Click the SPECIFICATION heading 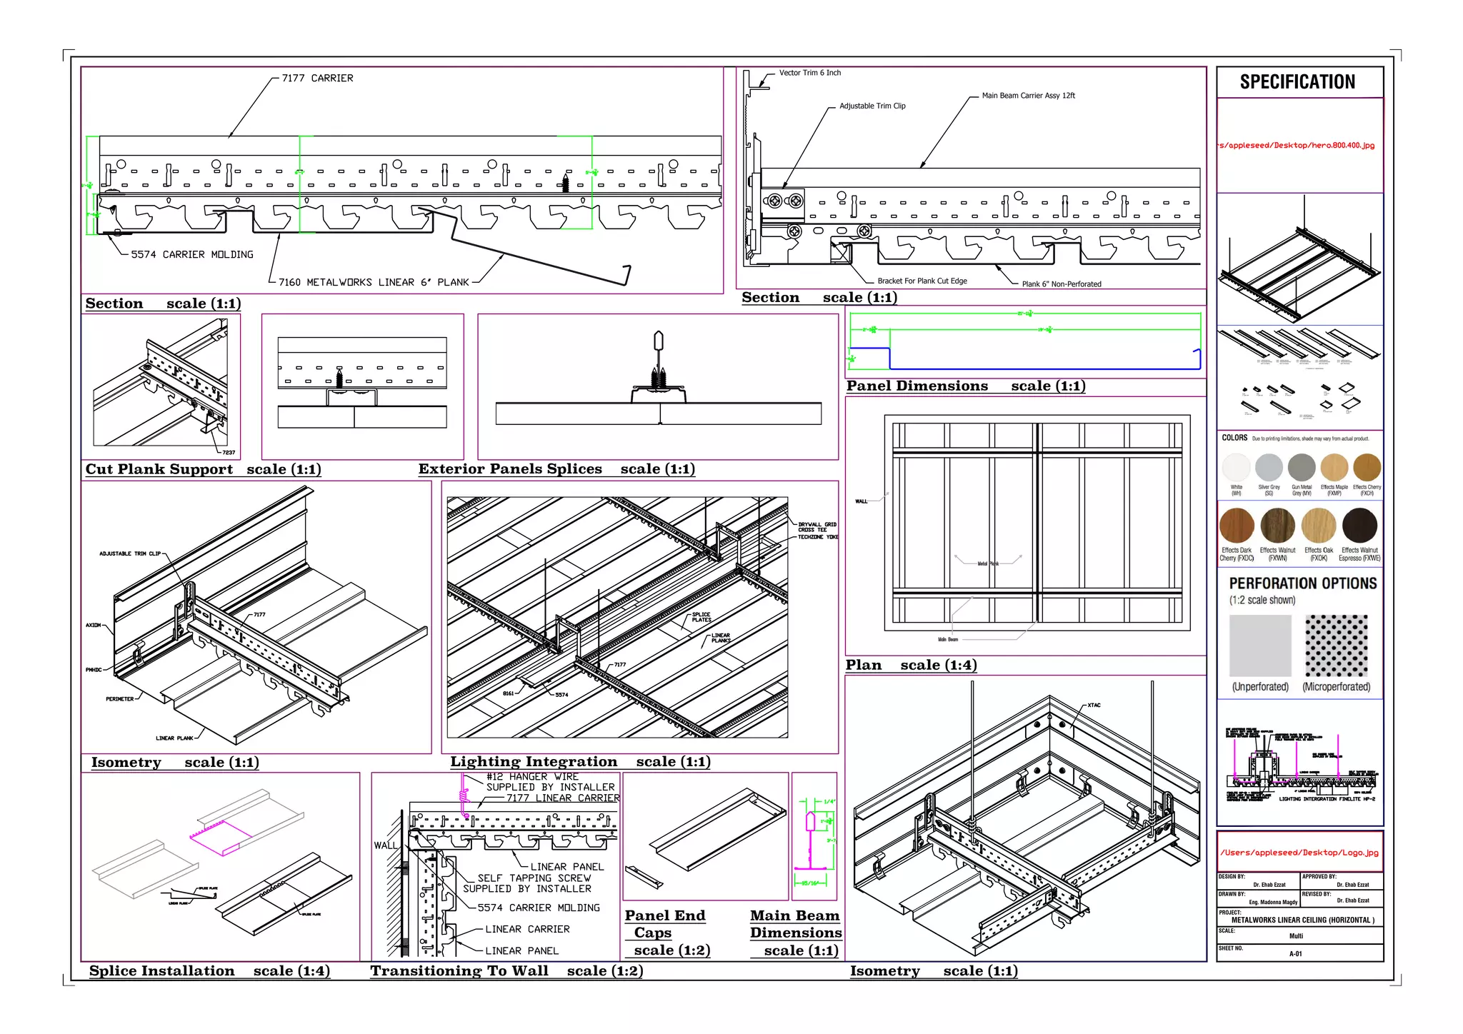(x=1297, y=82)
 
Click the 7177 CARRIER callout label (x=317, y=79)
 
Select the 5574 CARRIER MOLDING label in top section (x=191, y=255)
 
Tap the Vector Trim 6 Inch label (x=809, y=73)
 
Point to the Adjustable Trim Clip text (x=872, y=106)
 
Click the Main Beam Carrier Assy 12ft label (x=1027, y=96)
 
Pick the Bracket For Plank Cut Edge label (x=922, y=281)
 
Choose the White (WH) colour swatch (x=1236, y=468)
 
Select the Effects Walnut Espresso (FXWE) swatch (x=1359, y=526)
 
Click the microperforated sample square (x=1336, y=646)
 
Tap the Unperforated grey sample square (x=1260, y=646)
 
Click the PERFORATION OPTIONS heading (x=1302, y=583)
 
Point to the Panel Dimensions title (x=917, y=386)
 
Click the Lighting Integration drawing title (x=533, y=762)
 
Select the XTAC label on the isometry (x=1094, y=706)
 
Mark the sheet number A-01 (x=1295, y=954)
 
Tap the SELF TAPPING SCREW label (x=534, y=878)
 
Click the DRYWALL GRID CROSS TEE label (x=817, y=527)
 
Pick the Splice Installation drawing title (x=161, y=971)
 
